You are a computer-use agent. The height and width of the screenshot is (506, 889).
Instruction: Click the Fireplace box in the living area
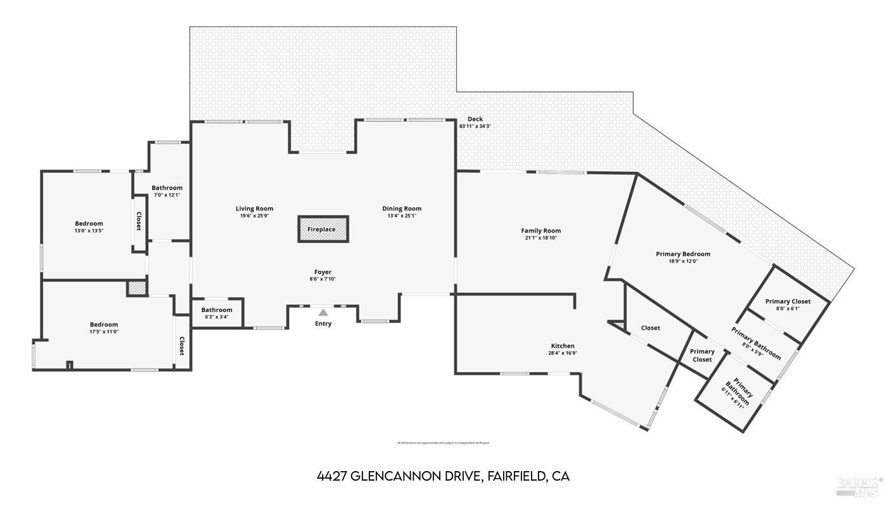pos(323,229)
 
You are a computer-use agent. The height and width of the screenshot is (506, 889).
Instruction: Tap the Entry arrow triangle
pos(323,312)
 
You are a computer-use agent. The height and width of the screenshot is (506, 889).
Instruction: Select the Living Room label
pos(254,209)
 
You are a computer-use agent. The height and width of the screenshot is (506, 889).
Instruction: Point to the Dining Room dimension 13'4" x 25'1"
pos(402,216)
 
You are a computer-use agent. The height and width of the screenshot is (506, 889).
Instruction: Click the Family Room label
pos(540,231)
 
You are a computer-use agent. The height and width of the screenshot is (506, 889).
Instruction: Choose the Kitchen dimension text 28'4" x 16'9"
pos(563,353)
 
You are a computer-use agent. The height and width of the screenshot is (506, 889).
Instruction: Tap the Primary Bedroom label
pos(682,254)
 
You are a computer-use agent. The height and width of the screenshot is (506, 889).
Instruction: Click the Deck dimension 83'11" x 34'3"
pos(475,126)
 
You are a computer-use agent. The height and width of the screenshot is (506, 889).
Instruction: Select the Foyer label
pos(323,272)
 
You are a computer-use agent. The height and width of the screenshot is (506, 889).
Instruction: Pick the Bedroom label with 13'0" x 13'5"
pos(89,223)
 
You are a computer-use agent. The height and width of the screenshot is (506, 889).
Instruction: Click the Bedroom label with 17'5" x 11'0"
pos(103,325)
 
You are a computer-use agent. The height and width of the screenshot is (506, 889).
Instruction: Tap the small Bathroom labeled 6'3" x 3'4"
pos(217,310)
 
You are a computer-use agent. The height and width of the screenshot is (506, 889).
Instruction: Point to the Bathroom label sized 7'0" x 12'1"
pos(167,188)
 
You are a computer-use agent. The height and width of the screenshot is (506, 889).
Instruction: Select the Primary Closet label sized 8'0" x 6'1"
pos(788,301)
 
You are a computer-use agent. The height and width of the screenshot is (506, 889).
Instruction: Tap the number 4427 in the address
pos(331,476)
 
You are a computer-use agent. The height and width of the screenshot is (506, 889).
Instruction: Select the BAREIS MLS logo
pos(859,486)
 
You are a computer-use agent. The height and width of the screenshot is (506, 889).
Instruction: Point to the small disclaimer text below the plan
pos(443,443)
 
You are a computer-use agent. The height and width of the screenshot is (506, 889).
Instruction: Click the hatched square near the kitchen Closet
pos(618,326)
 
